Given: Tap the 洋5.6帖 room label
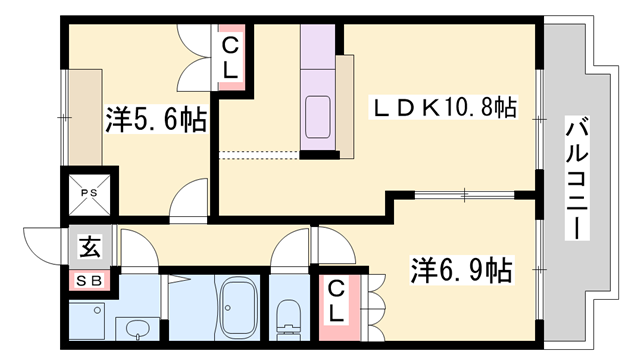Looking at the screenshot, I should pyautogui.click(x=155, y=120).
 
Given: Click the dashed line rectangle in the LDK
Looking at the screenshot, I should pyautogui.click(x=257, y=154).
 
